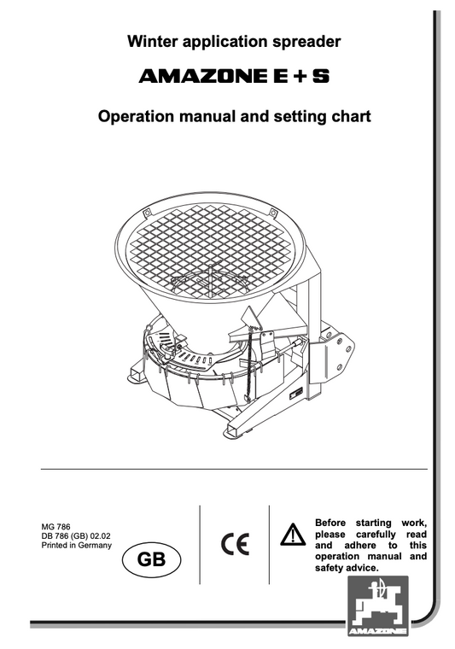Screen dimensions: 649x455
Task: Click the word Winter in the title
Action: pyautogui.click(x=151, y=41)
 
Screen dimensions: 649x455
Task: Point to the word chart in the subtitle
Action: pyautogui.click(x=350, y=115)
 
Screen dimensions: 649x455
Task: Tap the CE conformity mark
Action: pyautogui.click(x=233, y=543)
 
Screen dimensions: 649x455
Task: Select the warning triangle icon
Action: pyautogui.click(x=293, y=535)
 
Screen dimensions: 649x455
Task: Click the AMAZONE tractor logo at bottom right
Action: pyautogui.click(x=376, y=604)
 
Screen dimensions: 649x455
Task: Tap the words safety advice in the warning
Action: pyautogui.click(x=347, y=567)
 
